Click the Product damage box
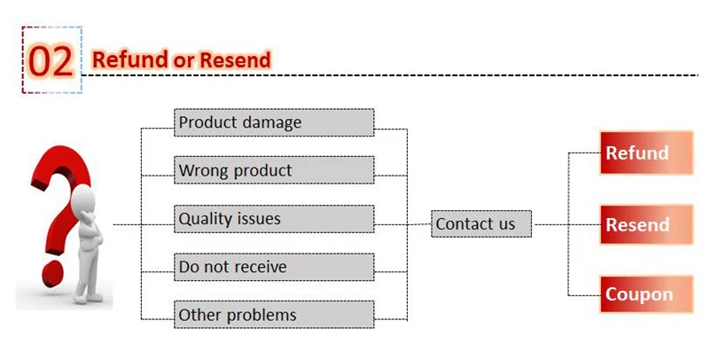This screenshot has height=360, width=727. (x=274, y=122)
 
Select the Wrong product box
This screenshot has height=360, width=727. (x=274, y=170)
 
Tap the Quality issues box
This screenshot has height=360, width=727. (x=274, y=218)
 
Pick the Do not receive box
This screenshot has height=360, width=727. (x=274, y=267)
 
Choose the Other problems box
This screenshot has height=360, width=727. (x=274, y=315)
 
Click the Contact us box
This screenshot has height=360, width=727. (x=481, y=224)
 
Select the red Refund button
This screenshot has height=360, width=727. (x=646, y=153)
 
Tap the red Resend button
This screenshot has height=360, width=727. (x=646, y=224)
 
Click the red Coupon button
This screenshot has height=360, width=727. (x=646, y=294)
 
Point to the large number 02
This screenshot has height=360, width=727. (x=51, y=61)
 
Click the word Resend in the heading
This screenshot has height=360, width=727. (x=235, y=60)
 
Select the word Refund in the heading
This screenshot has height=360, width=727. (x=129, y=60)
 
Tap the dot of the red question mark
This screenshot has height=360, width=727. (x=52, y=273)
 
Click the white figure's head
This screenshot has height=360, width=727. (x=83, y=199)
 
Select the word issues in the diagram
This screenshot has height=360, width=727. (x=257, y=218)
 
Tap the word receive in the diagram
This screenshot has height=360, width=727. (x=259, y=267)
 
